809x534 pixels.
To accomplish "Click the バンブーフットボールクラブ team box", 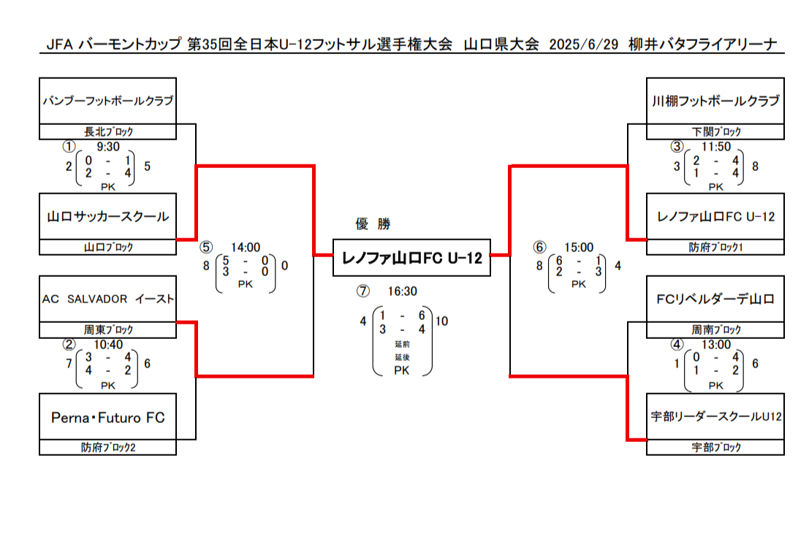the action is pos(108,101).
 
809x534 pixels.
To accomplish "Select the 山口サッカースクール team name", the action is pos(108,217).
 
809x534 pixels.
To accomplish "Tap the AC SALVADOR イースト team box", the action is pos(108,300).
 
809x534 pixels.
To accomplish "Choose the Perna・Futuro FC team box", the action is pos(108,417).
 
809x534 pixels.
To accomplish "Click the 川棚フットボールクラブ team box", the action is pos(715,101).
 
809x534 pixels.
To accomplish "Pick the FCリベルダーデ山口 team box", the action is pos(715,300).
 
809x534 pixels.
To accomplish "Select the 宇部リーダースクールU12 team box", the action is pos(715,417).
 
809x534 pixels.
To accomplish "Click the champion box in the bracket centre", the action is pos(411,257).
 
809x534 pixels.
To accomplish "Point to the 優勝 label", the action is pos(373,224).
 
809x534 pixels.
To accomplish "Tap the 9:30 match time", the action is pos(108,147).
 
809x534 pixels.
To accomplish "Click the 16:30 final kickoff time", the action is pos(403,291).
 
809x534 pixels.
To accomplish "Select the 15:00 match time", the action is pos(579,248).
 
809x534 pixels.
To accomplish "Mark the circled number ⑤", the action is pos(206,248).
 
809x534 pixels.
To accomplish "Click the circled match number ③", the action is pos(677,147).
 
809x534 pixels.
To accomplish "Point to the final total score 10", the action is pos(441,321).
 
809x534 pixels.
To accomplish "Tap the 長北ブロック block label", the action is pos(108,131).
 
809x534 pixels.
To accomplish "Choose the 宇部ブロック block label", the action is pos(716,447).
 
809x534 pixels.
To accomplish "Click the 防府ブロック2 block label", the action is pos(108,447).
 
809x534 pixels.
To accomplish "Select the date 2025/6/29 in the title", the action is pos(583,45).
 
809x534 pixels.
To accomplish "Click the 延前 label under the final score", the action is pos(403,344).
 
